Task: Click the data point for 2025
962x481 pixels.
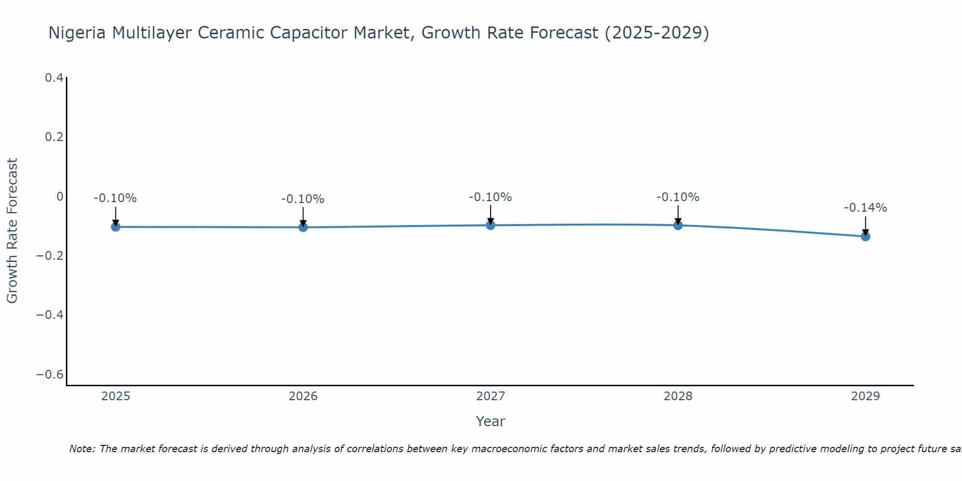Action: coord(115,227)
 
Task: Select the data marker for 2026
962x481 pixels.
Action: coord(303,227)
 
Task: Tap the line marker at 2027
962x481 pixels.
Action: coord(491,225)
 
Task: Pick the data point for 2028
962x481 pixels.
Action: coord(678,225)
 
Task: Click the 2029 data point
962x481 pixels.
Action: coord(865,236)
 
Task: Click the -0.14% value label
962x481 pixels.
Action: coord(865,208)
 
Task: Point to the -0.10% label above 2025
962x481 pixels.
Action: coord(115,198)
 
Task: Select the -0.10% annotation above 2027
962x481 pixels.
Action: coord(490,197)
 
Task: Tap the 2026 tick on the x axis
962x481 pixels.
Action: coord(303,396)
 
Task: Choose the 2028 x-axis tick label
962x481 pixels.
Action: coord(678,396)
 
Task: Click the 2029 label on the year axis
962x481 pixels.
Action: coord(865,396)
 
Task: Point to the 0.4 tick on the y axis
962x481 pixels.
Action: coord(54,77)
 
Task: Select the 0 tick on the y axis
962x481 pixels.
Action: coord(60,196)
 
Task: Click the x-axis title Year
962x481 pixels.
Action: coord(490,421)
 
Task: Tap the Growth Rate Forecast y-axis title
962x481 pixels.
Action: coord(12,231)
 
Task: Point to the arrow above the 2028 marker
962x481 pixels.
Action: coord(678,214)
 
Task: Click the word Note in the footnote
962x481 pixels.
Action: coord(82,449)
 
